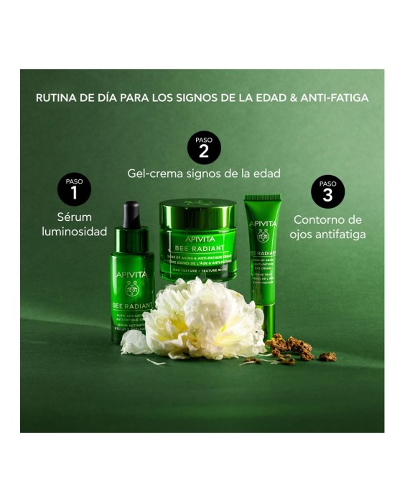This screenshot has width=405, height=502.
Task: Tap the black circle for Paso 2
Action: (x=204, y=146)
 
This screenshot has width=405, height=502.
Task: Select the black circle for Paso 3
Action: (x=327, y=190)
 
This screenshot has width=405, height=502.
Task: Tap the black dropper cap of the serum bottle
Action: (x=131, y=214)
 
